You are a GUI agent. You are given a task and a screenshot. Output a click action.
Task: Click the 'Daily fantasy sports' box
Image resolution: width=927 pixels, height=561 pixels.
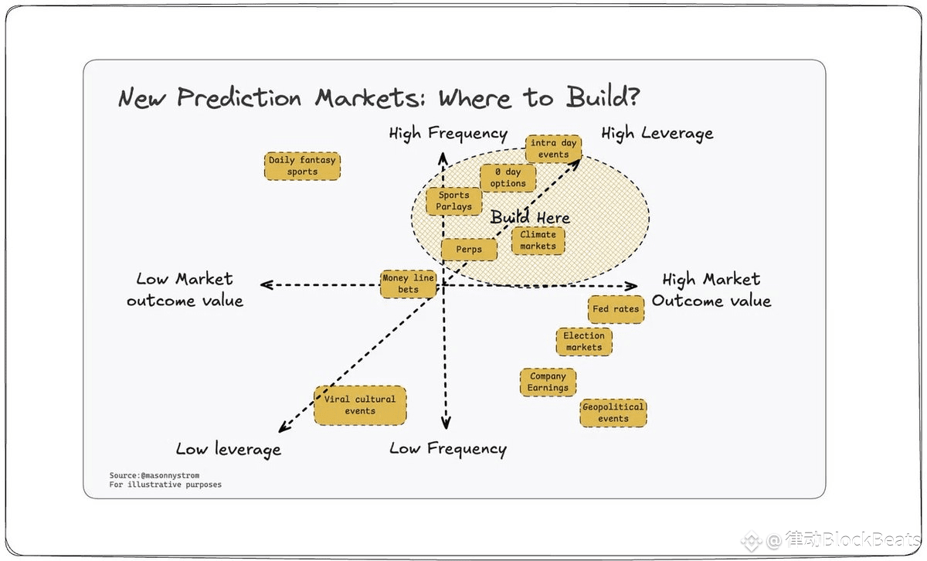coord(302,166)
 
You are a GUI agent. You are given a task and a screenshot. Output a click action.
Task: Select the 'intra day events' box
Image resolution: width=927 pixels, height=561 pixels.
coord(553,148)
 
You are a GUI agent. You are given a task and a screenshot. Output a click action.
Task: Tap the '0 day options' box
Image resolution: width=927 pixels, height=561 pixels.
coord(508,178)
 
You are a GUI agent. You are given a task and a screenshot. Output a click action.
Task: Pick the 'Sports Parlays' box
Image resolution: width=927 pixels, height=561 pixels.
coord(453,201)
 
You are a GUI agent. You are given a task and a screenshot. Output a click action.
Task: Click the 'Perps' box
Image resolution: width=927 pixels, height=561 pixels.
coord(469,250)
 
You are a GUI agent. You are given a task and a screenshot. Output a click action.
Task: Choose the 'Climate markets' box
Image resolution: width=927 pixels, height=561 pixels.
coord(538,240)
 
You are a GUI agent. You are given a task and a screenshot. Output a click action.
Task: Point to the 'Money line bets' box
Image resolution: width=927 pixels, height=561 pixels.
coord(408,284)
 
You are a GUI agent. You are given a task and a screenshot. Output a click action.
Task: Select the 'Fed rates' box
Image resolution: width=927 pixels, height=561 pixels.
coord(615,309)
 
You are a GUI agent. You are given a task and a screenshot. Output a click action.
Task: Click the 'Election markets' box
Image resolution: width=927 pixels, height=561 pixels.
coord(584,342)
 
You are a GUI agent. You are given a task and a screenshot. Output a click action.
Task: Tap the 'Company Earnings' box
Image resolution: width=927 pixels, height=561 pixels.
coord(548,382)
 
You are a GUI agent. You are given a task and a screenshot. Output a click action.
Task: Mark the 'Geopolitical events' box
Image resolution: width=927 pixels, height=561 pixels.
coord(613,413)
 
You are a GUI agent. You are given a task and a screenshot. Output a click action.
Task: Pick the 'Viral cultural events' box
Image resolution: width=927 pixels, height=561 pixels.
coord(360,405)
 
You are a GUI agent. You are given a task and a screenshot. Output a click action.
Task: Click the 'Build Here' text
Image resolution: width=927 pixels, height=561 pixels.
coord(530,218)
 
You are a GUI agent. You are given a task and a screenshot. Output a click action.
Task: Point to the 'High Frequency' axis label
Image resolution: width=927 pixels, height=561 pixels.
coord(448,134)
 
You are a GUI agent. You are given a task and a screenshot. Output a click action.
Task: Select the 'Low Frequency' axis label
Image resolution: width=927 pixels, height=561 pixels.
coord(448,449)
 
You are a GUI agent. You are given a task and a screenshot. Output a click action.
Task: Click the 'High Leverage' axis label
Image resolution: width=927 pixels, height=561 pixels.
coord(657,134)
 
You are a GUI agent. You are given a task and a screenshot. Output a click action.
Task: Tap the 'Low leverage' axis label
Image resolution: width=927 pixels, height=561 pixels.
coord(228,449)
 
